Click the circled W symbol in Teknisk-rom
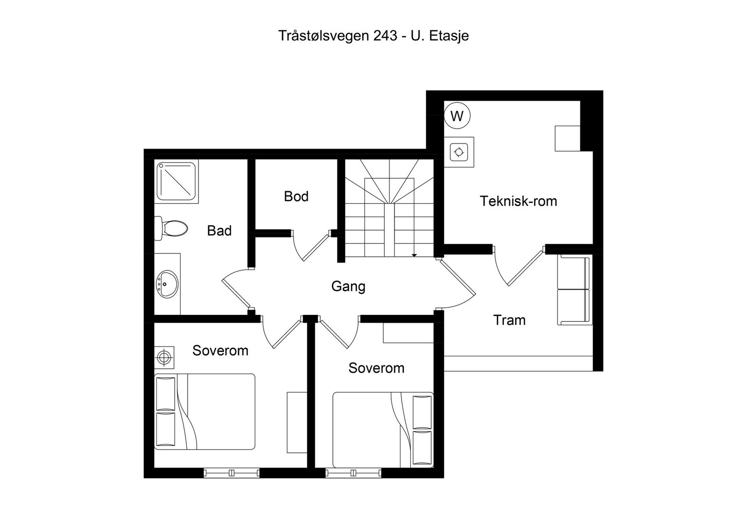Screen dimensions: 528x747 (x=457, y=115)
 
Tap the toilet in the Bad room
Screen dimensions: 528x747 (x=171, y=229)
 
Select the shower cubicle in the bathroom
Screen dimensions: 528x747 (x=176, y=181)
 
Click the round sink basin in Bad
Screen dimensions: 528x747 (x=167, y=284)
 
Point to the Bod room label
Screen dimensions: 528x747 (x=296, y=196)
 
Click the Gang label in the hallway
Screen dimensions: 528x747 (x=348, y=286)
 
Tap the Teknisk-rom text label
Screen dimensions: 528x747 (x=518, y=201)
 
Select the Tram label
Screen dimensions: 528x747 (x=509, y=320)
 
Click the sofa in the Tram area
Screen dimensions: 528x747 (x=574, y=290)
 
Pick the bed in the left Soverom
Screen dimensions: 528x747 (x=205, y=411)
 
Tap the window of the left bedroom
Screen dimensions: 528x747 (x=232, y=473)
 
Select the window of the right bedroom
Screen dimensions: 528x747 (x=353, y=473)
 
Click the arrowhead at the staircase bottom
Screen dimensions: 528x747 (x=414, y=255)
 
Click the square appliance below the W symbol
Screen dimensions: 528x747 (x=459, y=152)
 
